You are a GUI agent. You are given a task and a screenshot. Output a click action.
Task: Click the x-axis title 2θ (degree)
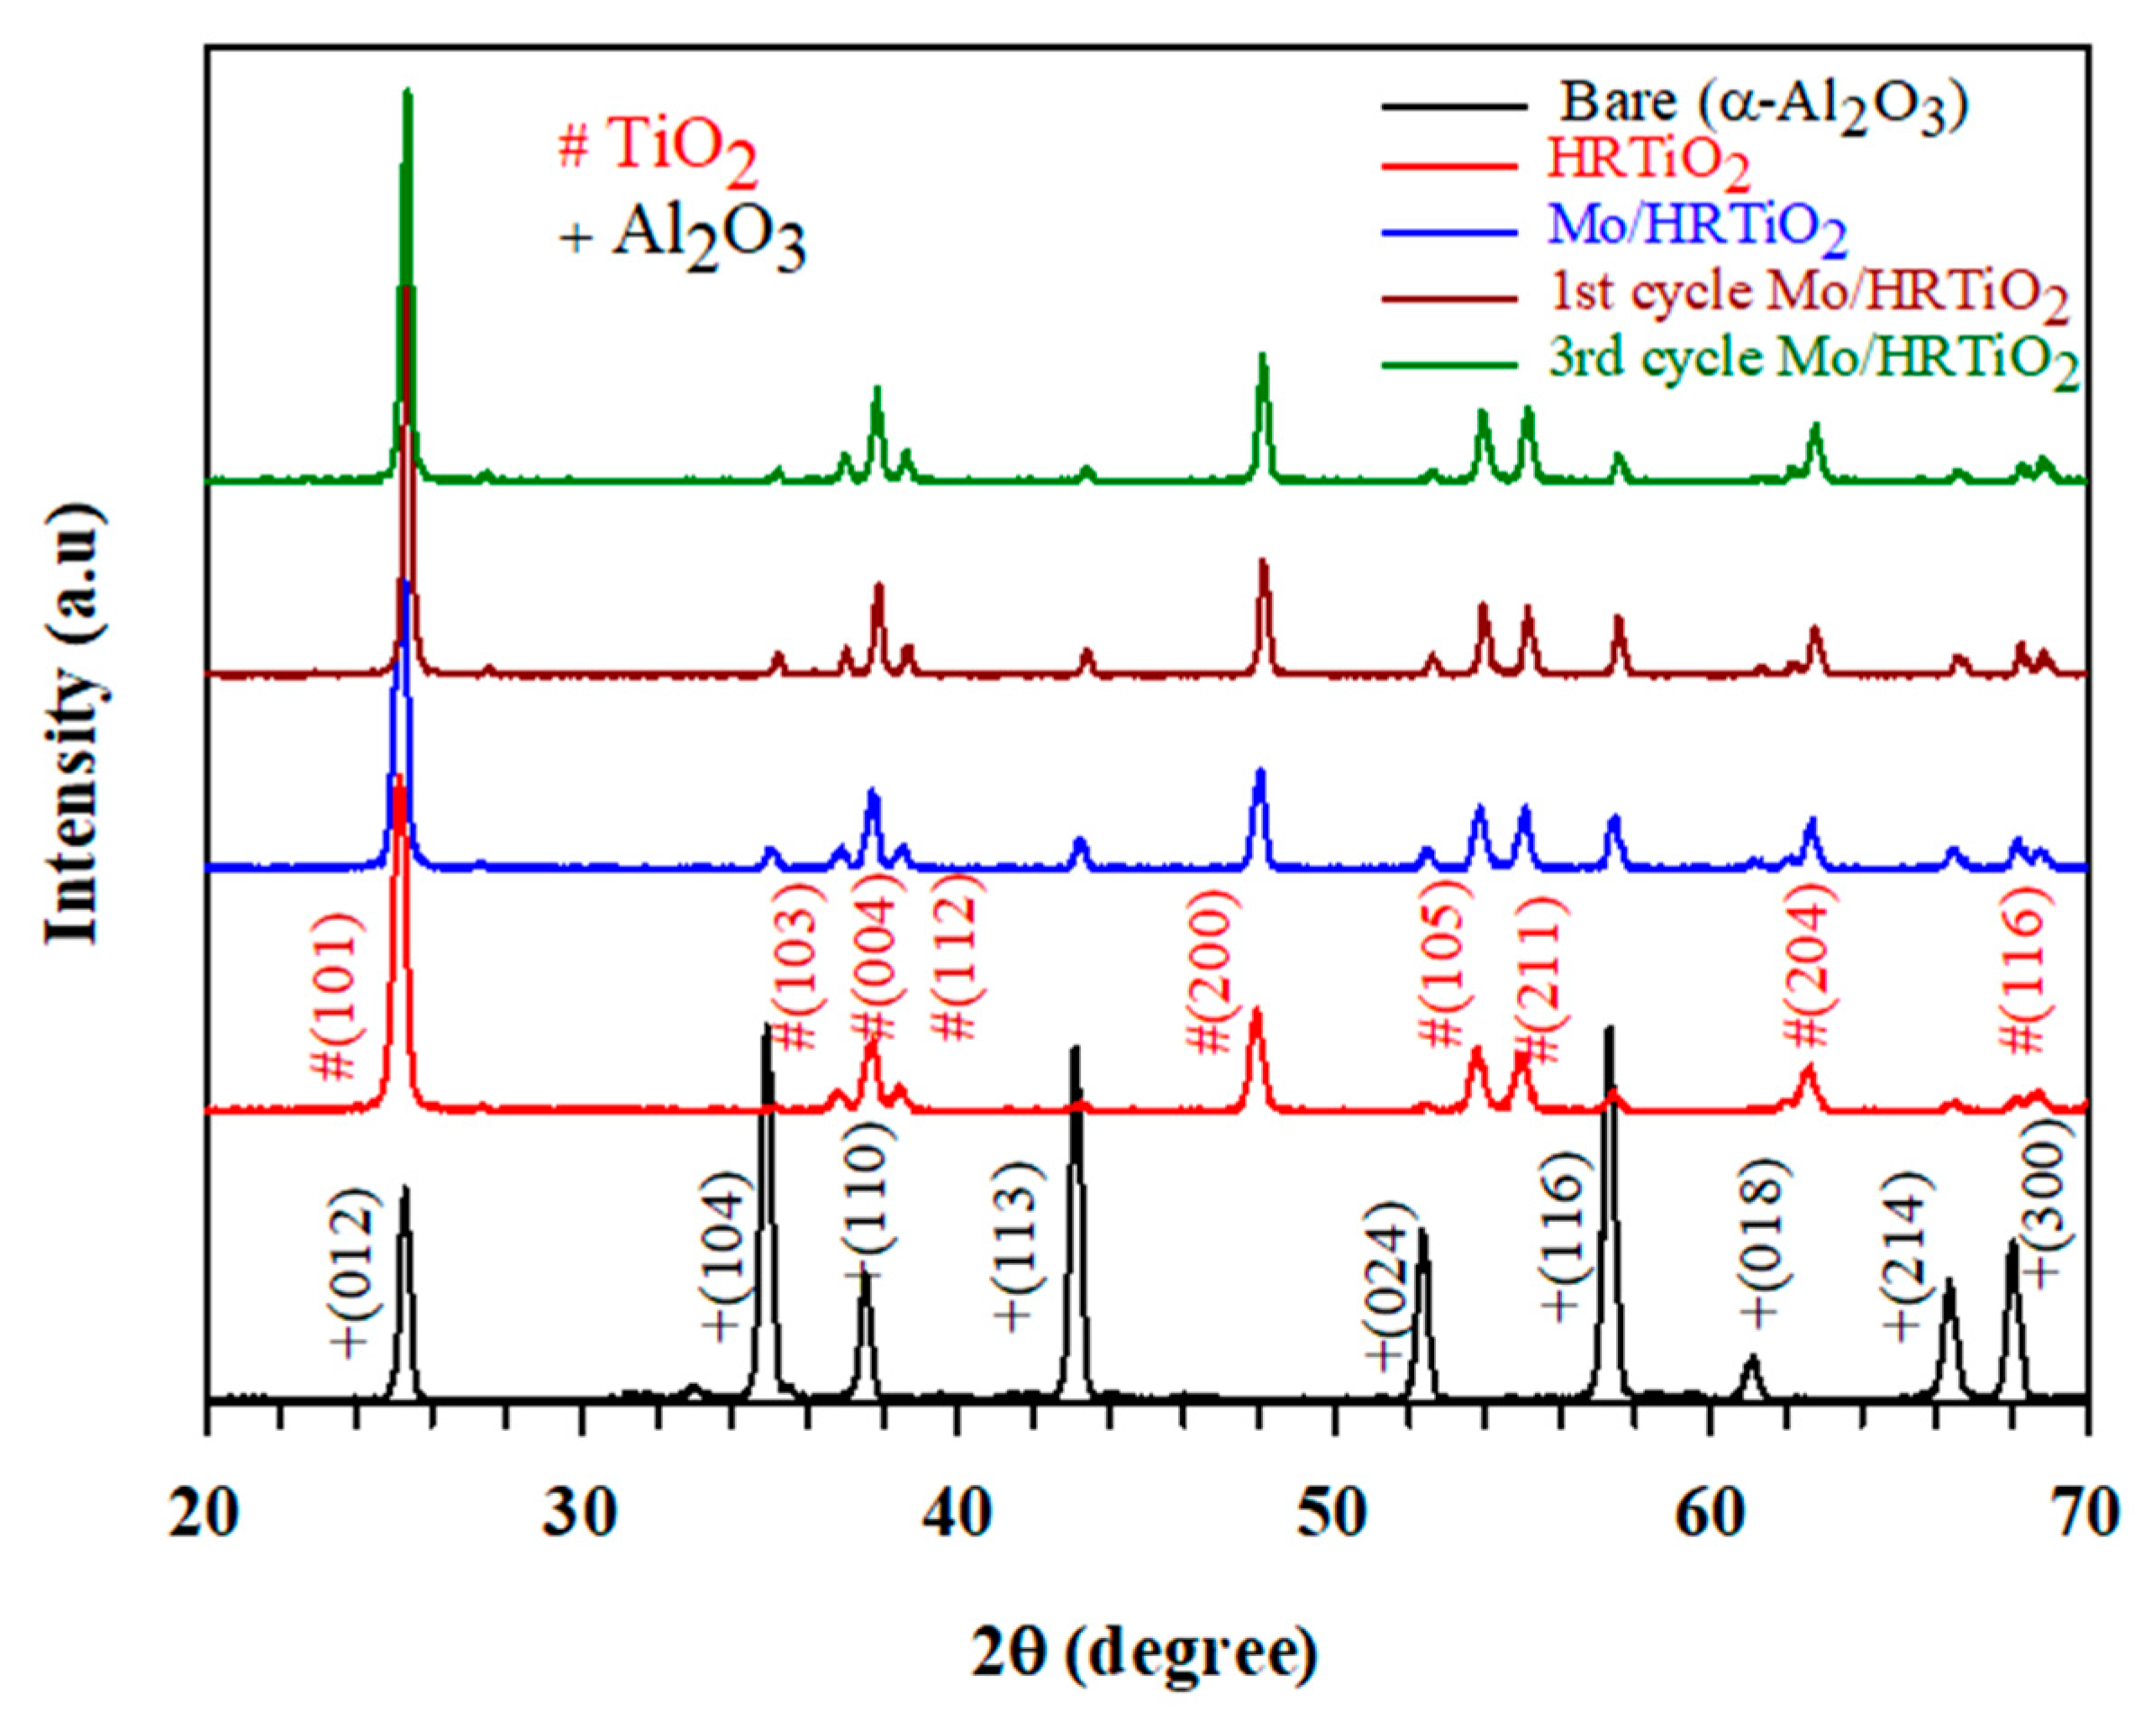[1145, 1651]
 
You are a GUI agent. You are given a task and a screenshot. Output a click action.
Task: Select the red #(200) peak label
[1212, 983]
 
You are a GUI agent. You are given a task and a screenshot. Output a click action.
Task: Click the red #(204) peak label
[1809, 973]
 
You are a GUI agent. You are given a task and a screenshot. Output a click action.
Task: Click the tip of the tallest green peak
[406, 93]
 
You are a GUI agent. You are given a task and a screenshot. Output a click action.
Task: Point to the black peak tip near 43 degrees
[1075, 1048]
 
